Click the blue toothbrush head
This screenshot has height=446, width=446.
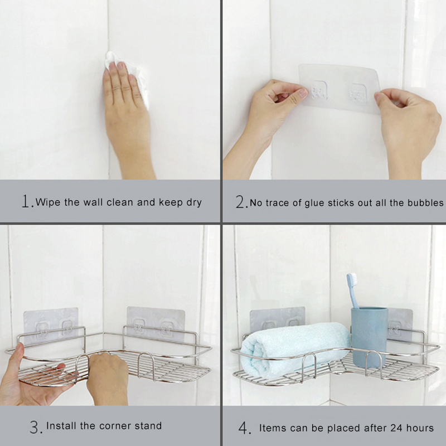pyautogui.click(x=352, y=283)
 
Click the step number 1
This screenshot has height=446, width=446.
pyautogui.click(x=27, y=202)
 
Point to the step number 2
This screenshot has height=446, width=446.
pyautogui.click(x=241, y=202)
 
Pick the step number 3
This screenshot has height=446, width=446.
pyautogui.click(x=35, y=428)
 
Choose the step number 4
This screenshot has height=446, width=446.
pyautogui.click(x=245, y=428)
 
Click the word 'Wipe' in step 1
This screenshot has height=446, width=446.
pyautogui.click(x=49, y=202)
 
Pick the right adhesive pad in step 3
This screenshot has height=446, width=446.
pyautogui.click(x=156, y=323)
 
